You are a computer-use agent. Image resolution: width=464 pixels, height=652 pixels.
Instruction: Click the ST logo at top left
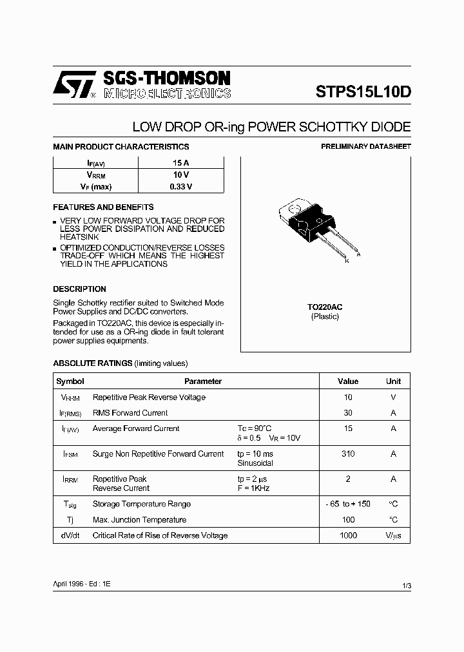pos(74,84)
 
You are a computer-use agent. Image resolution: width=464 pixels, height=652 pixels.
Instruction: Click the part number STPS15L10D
pos(363,91)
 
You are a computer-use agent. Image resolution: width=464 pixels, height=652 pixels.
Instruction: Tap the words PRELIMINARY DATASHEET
pos(366,147)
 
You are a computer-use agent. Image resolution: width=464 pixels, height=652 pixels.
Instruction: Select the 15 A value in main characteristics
pos(180,163)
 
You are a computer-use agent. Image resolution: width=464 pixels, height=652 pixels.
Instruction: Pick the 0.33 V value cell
pos(180,187)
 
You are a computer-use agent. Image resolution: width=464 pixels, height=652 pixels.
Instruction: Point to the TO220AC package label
pos(325,307)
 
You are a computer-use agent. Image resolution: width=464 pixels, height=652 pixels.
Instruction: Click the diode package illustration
pos(313,228)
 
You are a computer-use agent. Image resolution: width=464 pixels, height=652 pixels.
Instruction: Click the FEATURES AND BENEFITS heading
pos(103,207)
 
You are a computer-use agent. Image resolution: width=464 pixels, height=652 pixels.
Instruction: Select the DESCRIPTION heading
pos(79,289)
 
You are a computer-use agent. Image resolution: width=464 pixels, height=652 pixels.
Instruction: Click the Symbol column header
pos(70,381)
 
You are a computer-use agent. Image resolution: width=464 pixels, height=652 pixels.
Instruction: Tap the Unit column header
pos(393,381)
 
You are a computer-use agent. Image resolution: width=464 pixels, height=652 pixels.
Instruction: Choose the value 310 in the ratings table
pos(348,454)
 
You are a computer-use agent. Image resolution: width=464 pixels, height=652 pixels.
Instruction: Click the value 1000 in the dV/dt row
pos(348,535)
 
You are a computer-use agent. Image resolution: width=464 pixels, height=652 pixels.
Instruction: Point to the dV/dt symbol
pos(70,535)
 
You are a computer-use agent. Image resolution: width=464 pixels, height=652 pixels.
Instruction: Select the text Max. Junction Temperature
pos(139,520)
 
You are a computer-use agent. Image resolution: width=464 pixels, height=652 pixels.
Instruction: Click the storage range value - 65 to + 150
pos(348,504)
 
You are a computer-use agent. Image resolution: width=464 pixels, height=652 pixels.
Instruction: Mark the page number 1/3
pos(405,585)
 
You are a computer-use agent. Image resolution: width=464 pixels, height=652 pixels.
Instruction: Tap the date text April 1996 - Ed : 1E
pos(82,583)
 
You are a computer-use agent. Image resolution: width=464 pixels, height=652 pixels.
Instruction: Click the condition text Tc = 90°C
pos(255,428)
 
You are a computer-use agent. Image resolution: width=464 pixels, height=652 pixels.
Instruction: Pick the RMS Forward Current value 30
pos(348,413)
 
